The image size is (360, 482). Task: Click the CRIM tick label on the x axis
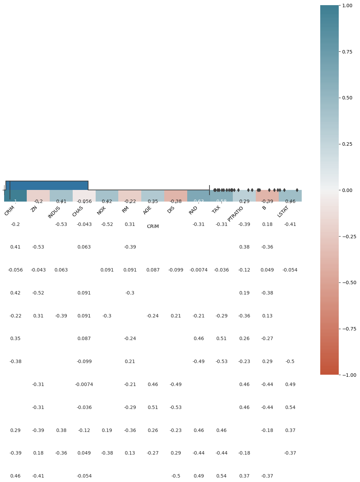(10, 210)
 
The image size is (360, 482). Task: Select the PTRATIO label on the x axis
(235, 214)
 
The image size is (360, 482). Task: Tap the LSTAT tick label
(283, 212)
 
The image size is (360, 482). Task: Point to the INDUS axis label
(54, 212)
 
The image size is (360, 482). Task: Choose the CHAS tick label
(78, 211)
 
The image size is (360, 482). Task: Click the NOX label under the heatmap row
(101, 210)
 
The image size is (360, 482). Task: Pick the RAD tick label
(193, 210)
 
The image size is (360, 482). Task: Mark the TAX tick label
(216, 209)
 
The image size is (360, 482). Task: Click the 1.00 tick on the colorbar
(347, 5)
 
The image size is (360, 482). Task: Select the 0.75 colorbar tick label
(347, 52)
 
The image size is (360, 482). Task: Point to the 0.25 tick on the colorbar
(347, 144)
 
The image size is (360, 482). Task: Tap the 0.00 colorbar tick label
(347, 190)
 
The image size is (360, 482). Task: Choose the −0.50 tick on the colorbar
(348, 282)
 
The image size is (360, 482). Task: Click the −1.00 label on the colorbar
(348, 375)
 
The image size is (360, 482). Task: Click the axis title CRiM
(153, 227)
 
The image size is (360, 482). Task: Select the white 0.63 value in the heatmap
(199, 201)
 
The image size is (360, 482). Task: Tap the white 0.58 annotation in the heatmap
(221, 201)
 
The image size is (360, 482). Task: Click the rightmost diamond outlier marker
(297, 190)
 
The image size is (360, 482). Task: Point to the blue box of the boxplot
(47, 185)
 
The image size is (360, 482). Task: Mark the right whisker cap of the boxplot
(209, 190)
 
